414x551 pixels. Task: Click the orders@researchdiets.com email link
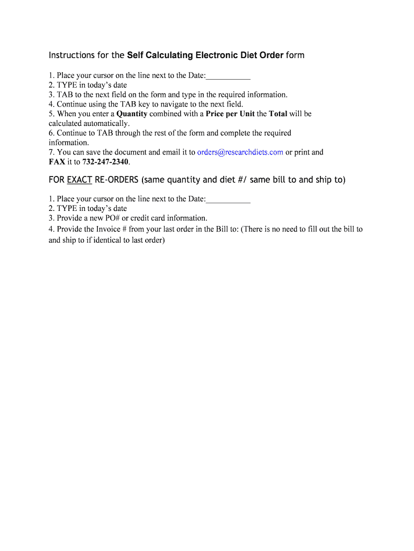click(240, 152)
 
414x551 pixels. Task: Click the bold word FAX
click(57, 162)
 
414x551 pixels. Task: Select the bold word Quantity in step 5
click(132, 114)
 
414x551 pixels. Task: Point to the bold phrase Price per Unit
click(230, 114)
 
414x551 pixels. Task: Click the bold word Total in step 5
click(277, 114)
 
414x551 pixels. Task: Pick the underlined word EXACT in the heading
click(80, 180)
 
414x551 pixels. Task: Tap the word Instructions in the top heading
click(71, 55)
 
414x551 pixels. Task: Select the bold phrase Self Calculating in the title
click(160, 55)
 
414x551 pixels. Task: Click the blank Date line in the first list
click(228, 76)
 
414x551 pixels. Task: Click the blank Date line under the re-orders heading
click(228, 199)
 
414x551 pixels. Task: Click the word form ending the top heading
click(295, 55)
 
